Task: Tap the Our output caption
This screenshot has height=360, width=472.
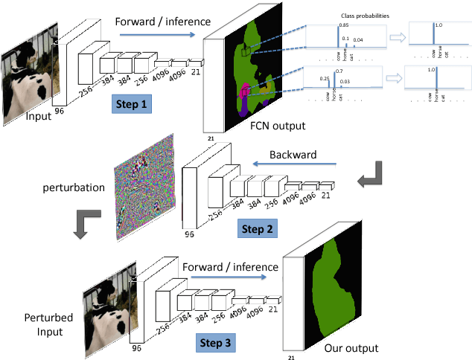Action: coord(351,347)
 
